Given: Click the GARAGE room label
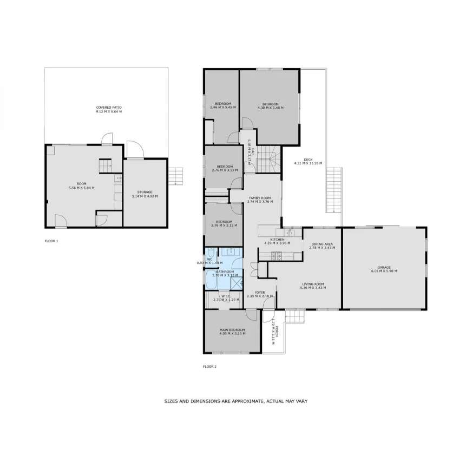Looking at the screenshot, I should pos(384,267).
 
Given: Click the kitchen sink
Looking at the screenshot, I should pos(290,233).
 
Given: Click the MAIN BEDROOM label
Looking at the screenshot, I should pos(232,329).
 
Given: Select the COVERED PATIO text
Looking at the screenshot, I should pos(109,107).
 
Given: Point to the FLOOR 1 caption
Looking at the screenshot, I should pos(51,241).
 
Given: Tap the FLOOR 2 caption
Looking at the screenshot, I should pos(209,366).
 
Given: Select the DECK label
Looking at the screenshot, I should pos(307,160).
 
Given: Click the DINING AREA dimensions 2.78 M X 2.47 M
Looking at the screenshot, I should pos(322,248).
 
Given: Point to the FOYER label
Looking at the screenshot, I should pos(260,292).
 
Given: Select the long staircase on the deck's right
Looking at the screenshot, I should pos(335,190).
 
